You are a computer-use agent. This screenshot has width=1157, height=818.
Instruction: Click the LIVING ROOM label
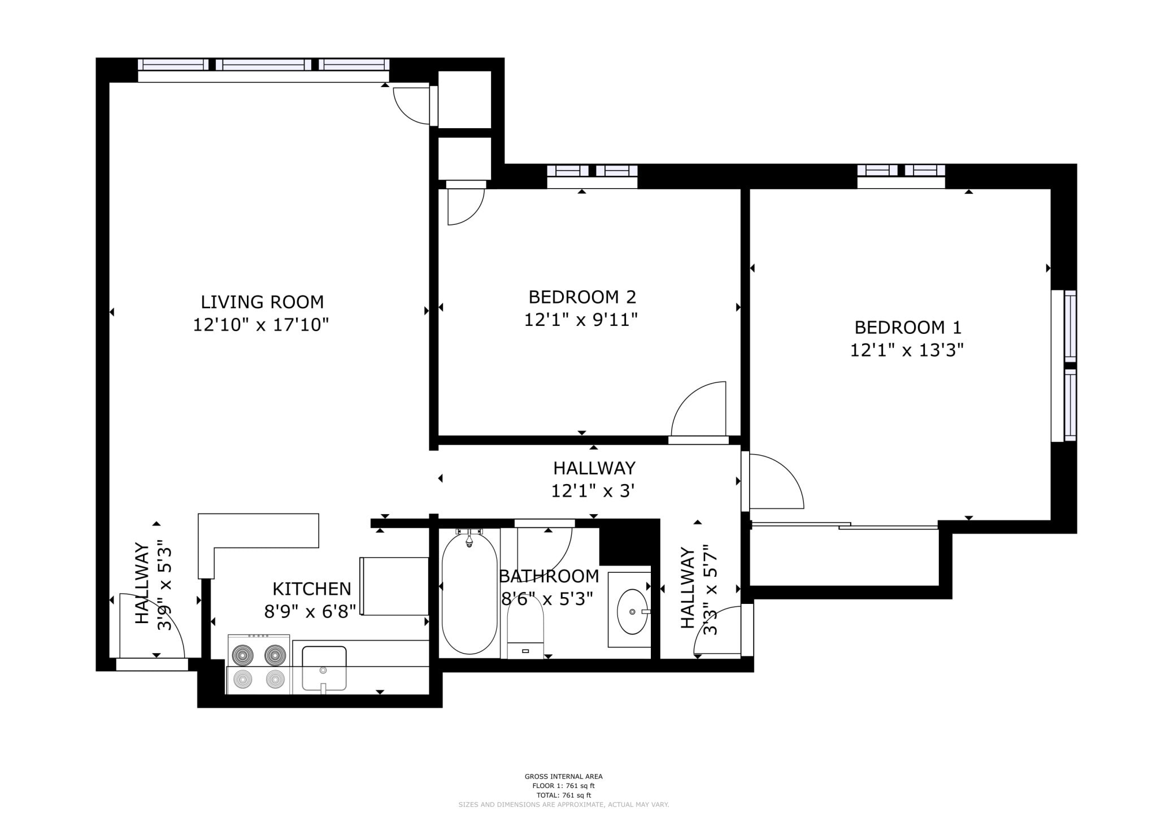[262, 302]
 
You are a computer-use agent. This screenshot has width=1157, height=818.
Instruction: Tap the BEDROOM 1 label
[908, 328]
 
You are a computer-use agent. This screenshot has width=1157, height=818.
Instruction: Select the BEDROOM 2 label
[582, 297]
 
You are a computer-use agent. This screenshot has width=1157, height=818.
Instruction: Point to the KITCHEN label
[312, 589]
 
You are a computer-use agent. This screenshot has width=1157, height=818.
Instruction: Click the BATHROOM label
[549, 576]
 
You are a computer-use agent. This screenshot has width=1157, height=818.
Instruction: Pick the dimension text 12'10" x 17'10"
[261, 325]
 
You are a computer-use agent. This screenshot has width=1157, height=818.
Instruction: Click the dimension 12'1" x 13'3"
[907, 351]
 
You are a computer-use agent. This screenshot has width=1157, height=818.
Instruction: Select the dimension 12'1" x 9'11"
[581, 320]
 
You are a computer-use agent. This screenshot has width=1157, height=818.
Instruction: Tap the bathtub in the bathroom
[469, 593]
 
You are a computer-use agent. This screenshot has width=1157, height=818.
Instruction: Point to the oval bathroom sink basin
[633, 612]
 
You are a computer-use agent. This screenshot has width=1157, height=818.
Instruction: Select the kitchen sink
[324, 669]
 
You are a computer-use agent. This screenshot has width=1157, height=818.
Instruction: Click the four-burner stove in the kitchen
[259, 664]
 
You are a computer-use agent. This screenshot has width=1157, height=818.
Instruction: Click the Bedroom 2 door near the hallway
[698, 410]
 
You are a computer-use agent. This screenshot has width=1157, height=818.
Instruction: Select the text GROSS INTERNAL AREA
[563, 777]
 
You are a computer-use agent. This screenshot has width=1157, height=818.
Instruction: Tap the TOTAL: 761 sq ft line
[563, 795]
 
